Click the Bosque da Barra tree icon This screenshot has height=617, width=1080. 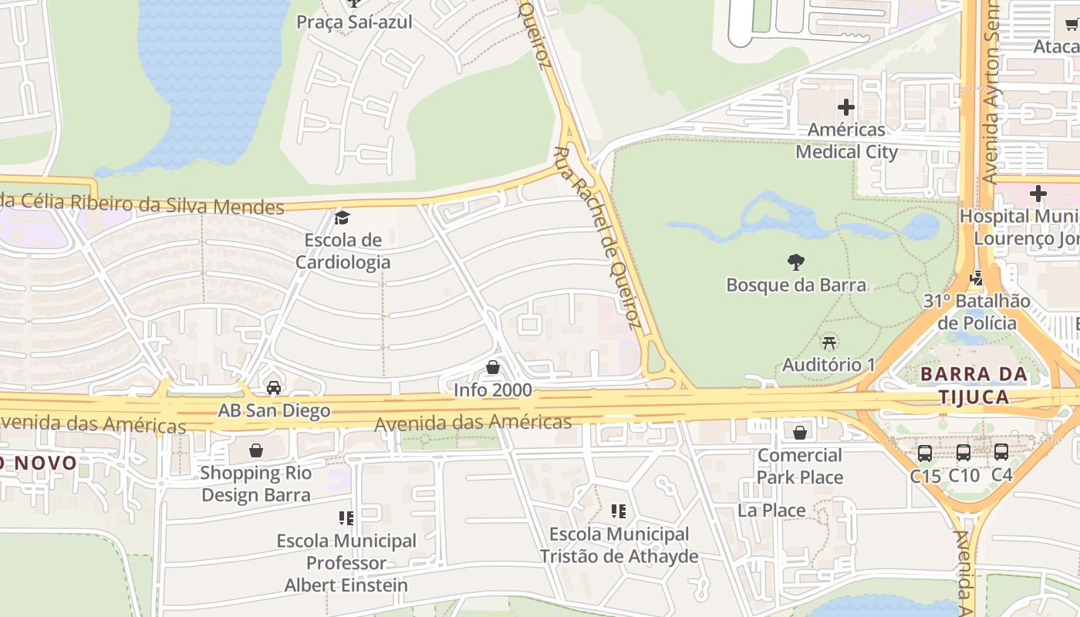coord(796,262)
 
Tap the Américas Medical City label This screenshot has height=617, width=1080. coord(846,140)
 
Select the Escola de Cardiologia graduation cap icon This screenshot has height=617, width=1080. coord(342,218)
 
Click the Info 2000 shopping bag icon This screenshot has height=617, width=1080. coord(493,367)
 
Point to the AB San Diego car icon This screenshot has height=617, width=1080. coord(273,387)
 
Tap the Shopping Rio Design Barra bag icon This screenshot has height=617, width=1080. coord(255,450)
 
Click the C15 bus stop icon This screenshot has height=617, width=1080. coord(925,453)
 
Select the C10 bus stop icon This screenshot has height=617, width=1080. coord(964,453)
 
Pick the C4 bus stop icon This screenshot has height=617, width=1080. coord(1001,452)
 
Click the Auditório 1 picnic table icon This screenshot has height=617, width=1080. coord(829,342)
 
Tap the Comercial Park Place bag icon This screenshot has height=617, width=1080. coord(800,433)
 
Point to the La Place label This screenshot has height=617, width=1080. coord(771,511)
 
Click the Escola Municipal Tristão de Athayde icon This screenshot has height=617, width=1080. coord(618,511)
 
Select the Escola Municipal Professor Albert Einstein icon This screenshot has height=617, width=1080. coord(346,518)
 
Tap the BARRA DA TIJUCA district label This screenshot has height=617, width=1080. coord(974,386)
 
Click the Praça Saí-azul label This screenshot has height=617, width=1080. coord(354,22)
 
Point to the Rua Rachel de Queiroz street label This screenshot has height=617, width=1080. coord(598,235)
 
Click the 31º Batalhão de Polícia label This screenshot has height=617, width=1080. coord(977,312)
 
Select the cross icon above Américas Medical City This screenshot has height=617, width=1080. coord(846,107)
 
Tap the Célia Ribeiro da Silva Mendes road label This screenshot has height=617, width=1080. coord(143,204)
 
